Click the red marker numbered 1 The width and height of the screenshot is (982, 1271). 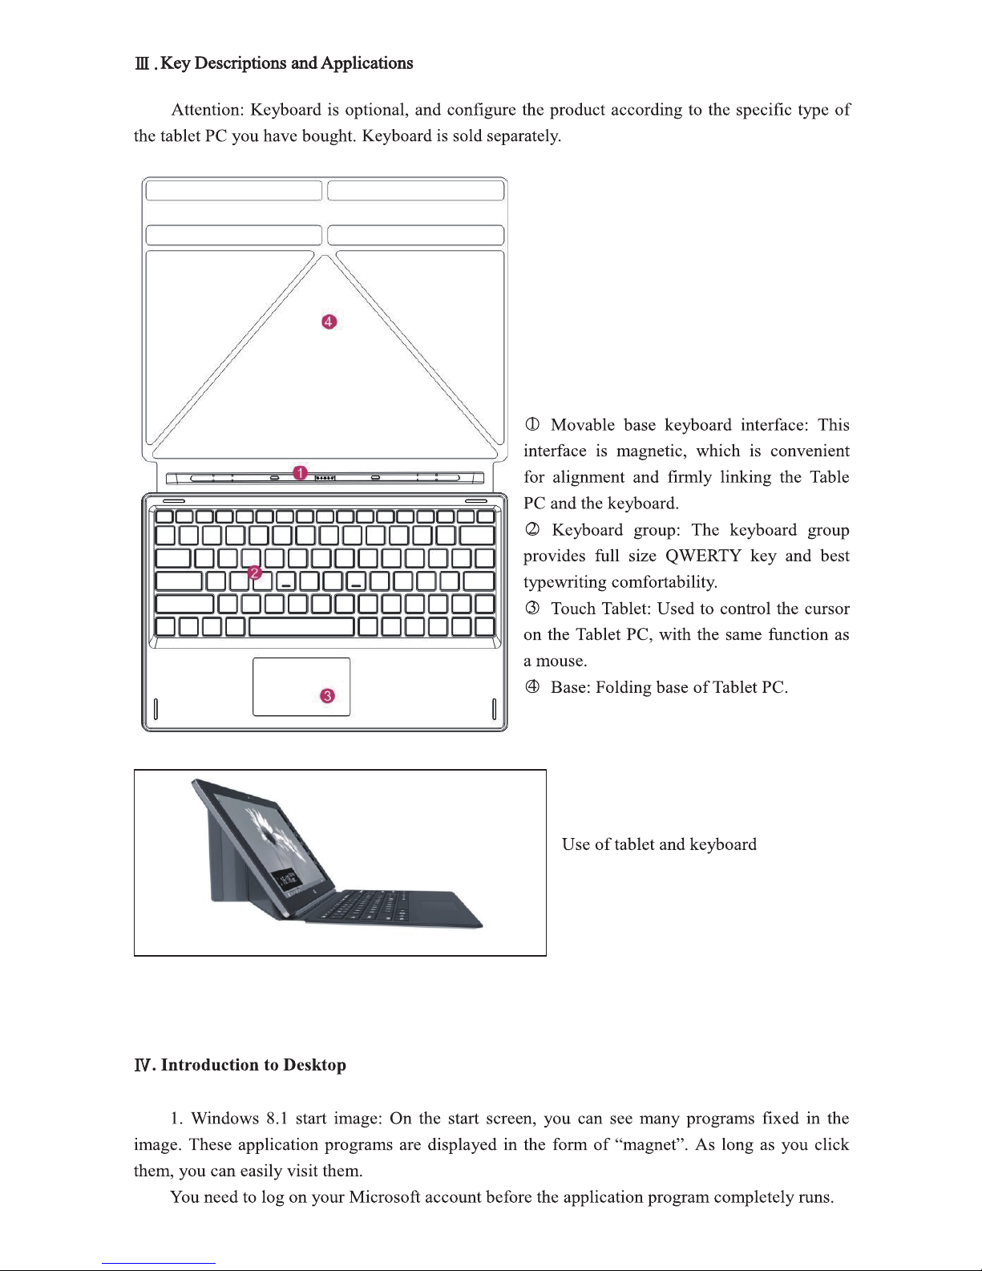(x=300, y=473)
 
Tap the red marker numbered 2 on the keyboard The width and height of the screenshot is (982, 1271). (x=254, y=573)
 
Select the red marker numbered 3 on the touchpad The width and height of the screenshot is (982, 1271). (x=327, y=696)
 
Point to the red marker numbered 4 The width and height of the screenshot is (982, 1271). (x=329, y=322)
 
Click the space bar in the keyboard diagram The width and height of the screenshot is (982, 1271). (x=301, y=626)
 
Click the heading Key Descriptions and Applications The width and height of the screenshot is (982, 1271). (x=286, y=63)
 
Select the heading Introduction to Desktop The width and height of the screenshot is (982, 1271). (x=253, y=1065)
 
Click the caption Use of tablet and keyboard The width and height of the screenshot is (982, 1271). (x=659, y=844)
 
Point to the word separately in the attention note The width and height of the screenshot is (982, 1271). (x=523, y=136)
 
